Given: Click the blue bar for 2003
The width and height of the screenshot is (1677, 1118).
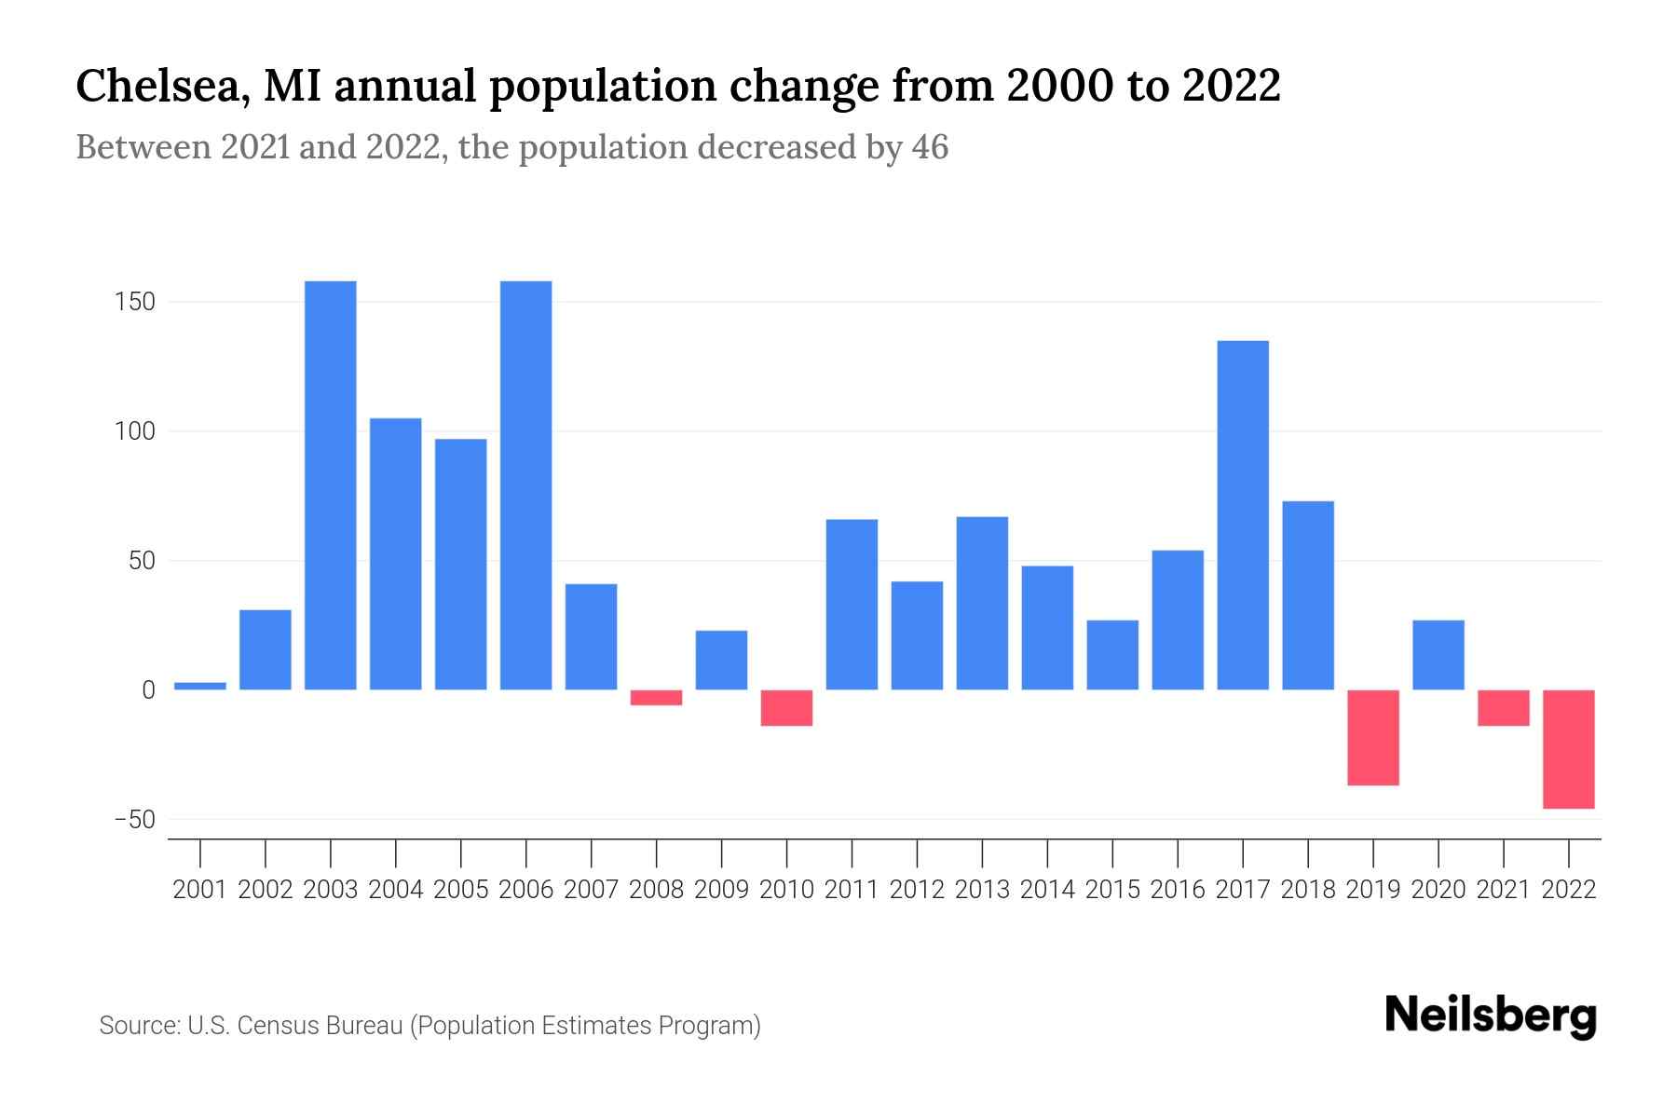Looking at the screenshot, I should point(331,484).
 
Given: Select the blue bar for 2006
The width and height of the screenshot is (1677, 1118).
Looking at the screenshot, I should point(526,484).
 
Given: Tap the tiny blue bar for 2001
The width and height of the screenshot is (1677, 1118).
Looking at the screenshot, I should point(200,686).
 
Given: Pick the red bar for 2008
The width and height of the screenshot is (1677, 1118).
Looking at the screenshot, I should point(657,698).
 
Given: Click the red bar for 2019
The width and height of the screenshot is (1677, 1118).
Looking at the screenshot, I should point(1373,737).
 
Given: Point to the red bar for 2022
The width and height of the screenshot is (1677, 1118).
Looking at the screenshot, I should point(1569,749).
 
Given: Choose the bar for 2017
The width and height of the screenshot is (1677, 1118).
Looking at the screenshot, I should point(1243,515).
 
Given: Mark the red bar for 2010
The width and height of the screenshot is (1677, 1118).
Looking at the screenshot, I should point(787,708).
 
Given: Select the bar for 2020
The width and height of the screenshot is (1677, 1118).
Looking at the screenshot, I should point(1438,655).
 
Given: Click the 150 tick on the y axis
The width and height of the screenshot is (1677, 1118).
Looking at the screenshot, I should point(136,303).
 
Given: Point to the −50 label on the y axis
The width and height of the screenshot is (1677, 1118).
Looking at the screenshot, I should point(134,820).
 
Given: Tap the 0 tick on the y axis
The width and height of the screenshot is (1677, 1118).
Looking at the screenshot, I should point(148,690).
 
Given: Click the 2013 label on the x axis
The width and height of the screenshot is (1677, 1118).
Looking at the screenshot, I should point(982,890).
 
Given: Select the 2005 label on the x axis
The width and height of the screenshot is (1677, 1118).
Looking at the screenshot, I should point(461,890).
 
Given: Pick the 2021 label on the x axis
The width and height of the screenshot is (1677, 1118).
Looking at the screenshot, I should point(1504,890).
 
